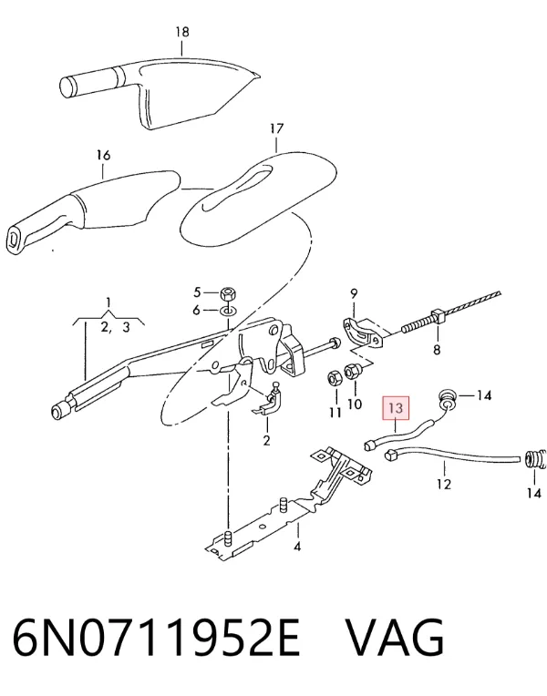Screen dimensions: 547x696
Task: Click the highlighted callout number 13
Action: coord(396,407)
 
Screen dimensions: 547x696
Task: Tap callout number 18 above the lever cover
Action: coord(182,32)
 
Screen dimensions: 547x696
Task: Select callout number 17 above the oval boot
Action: coord(276,128)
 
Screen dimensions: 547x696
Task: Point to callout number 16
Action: coord(103,155)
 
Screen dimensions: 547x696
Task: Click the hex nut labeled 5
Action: coord(228,294)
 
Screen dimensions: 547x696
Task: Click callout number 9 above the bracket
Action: coord(354,293)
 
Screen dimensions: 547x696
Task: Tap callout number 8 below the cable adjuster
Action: coord(437,349)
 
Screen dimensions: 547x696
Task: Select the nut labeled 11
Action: coord(335,379)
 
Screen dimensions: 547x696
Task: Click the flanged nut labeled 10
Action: coord(353,372)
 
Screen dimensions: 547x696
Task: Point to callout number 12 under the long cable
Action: coord(444,484)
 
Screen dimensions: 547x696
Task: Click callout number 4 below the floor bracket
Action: coord(297,547)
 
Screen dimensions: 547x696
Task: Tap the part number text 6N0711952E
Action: coord(158,638)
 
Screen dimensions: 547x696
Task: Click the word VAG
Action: coord(395,638)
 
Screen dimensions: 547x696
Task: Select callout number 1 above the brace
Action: coord(108,303)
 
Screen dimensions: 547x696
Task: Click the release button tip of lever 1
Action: coord(57,412)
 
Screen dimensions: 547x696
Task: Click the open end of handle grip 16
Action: coord(15,241)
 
